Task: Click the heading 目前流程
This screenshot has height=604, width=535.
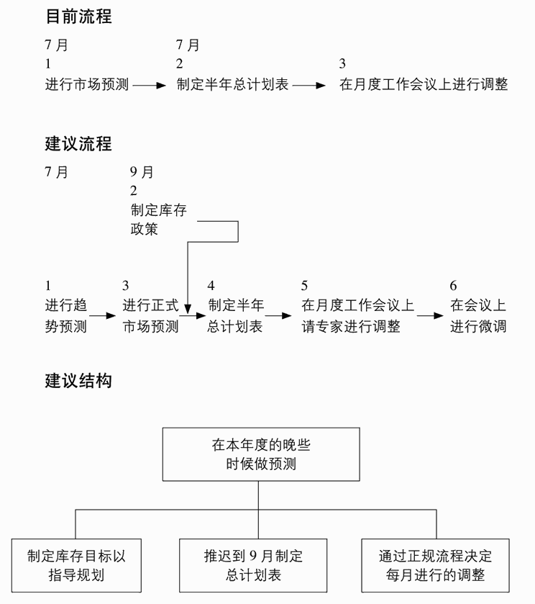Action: [x=78, y=17]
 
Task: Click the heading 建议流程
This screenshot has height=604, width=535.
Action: [x=78, y=143]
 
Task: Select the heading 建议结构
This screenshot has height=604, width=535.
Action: [x=78, y=381]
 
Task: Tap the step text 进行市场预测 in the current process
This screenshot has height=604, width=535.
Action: [x=87, y=85]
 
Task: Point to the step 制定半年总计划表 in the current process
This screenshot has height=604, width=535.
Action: [x=233, y=85]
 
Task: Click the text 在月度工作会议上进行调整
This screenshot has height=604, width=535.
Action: [x=424, y=85]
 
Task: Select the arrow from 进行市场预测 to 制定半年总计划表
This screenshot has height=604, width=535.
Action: [x=150, y=85]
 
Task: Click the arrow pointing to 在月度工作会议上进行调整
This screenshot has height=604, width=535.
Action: [x=310, y=85]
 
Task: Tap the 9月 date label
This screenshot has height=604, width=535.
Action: [x=142, y=173]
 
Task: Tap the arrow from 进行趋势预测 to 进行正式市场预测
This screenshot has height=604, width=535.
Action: [x=103, y=315]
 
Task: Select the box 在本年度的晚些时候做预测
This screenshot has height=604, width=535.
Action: [x=261, y=454]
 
